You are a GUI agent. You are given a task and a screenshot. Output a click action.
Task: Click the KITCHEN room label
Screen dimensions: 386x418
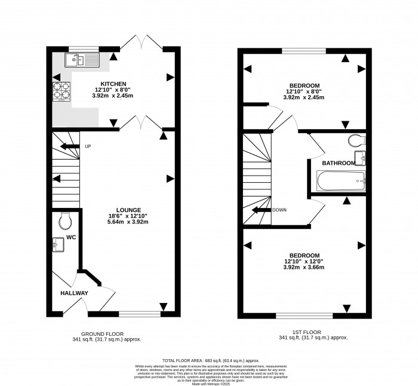[113, 83]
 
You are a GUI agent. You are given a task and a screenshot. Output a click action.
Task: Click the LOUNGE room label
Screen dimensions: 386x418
[128, 210]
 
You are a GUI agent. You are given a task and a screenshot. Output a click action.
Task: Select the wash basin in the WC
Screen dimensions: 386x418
[58, 244]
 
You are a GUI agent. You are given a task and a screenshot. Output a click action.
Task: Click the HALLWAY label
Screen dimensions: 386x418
[74, 293]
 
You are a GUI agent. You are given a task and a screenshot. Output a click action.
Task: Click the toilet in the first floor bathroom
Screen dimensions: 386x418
[356, 141]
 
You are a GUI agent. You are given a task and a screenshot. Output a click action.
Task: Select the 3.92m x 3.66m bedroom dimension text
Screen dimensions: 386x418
[303, 267]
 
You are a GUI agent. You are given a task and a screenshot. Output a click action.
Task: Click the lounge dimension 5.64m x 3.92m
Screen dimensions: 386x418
[128, 222]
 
